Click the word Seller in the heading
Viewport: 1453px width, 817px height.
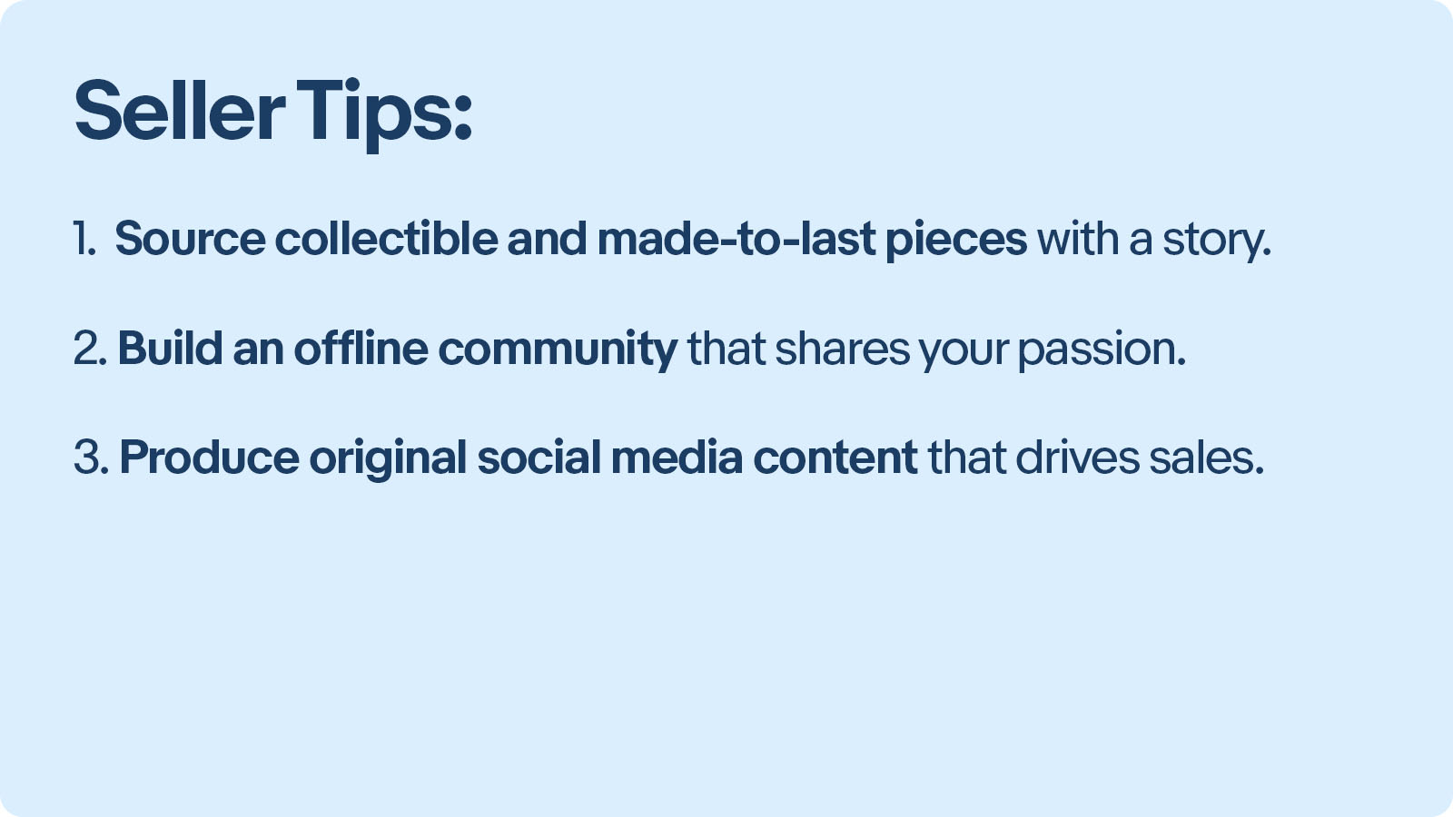click(x=180, y=110)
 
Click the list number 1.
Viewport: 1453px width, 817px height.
click(x=84, y=239)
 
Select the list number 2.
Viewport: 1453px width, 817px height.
click(x=90, y=349)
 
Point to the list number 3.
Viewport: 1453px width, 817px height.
click(x=92, y=458)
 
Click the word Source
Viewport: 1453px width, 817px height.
click(x=190, y=239)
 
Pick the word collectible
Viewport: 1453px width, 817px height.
click(x=387, y=238)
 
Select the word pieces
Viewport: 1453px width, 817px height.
click(x=956, y=240)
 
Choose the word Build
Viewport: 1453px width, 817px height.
click(x=170, y=349)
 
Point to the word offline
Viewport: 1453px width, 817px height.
click(x=361, y=348)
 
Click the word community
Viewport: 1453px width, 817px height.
click(x=558, y=350)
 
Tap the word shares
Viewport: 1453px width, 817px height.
click(x=843, y=349)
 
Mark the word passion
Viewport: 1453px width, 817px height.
click(x=1102, y=351)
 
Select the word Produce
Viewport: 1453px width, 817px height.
click(x=210, y=458)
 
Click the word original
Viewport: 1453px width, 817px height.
click(x=388, y=459)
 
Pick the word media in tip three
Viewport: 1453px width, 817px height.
click(x=677, y=458)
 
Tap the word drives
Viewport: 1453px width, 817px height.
click(x=1077, y=458)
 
